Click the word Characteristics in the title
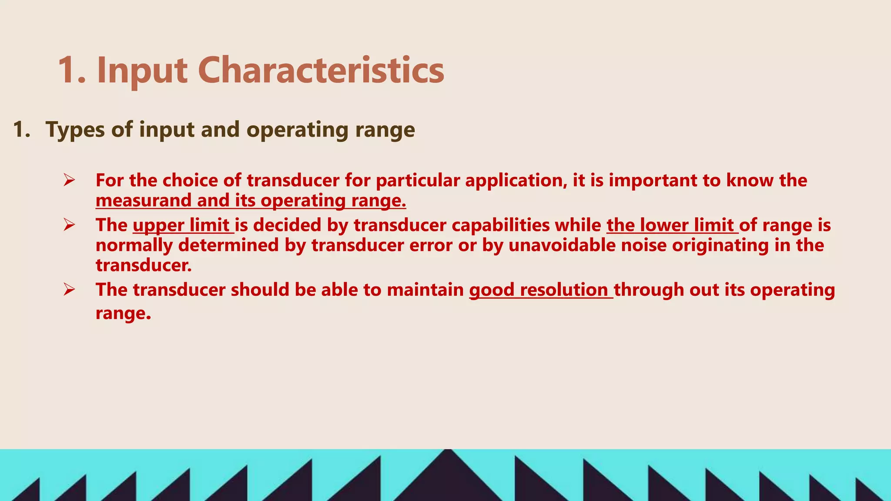321,70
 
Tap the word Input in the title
142,70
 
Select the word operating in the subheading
298,130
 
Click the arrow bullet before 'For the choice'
69,180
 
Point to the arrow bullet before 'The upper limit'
69,225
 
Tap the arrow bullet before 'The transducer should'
69,289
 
